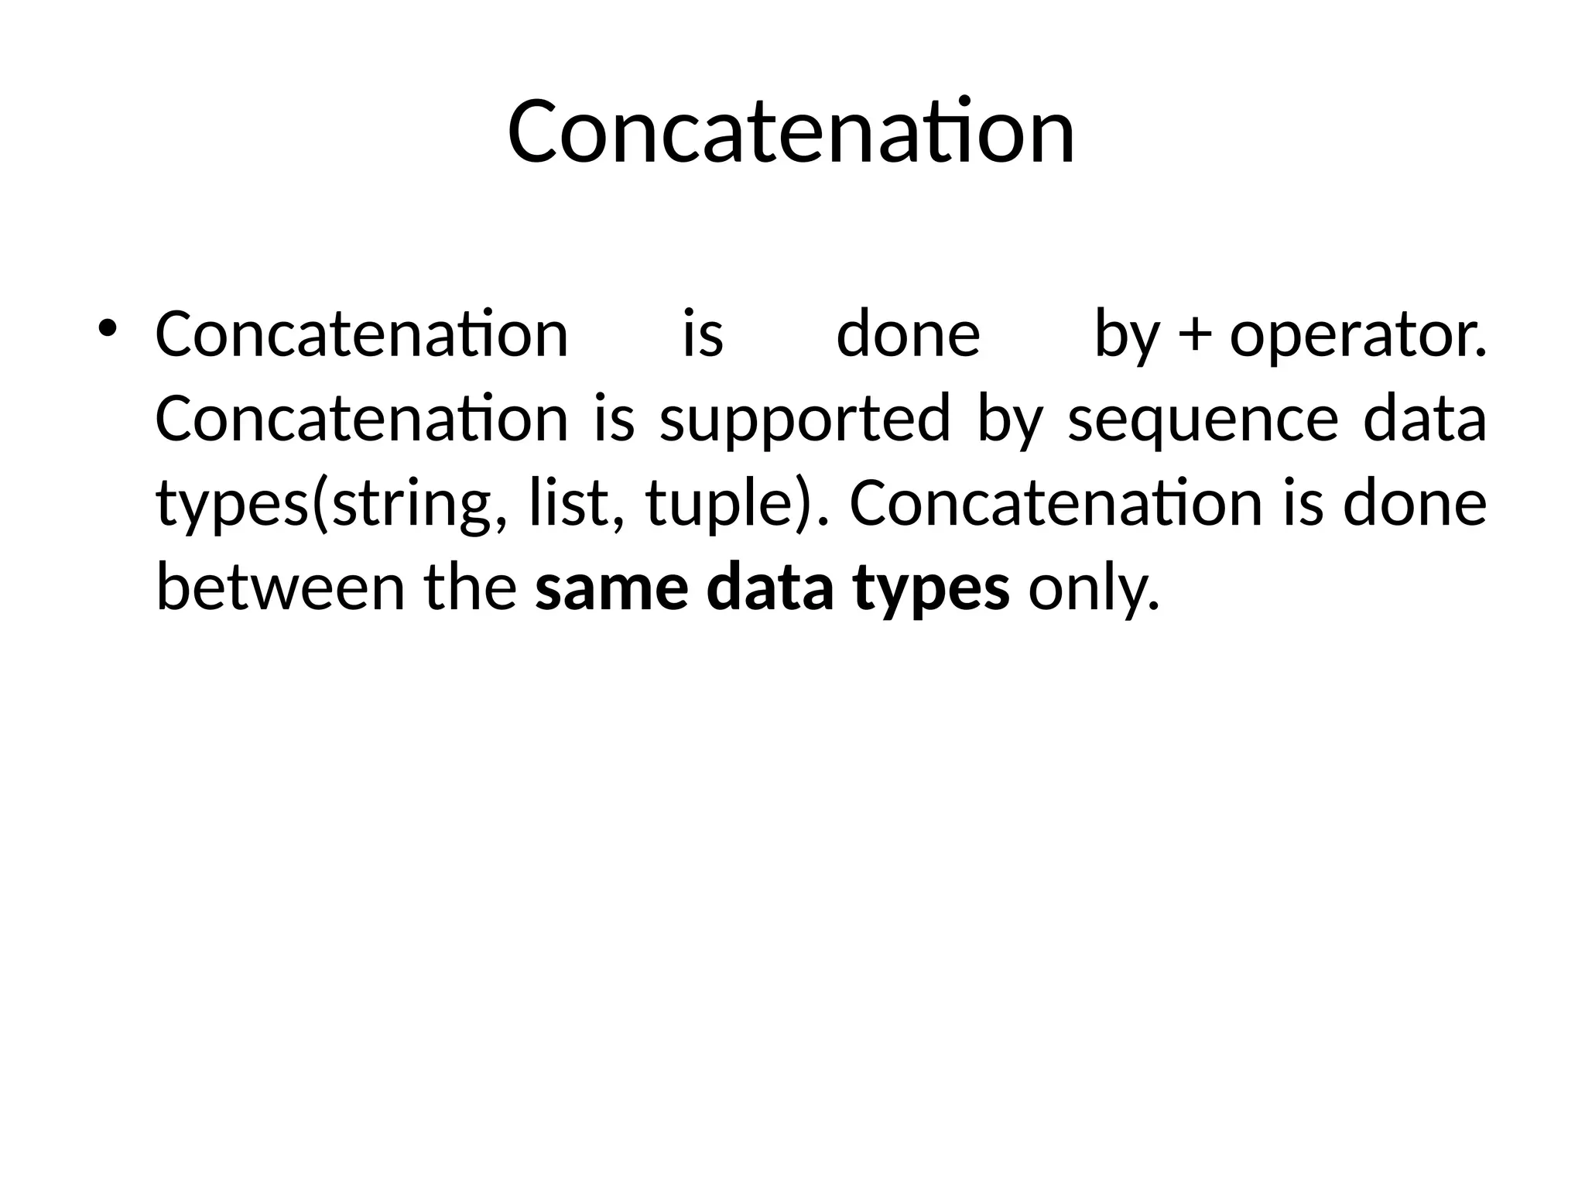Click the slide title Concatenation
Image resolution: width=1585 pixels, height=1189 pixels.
(x=791, y=132)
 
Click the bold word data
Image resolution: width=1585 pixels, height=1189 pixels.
(x=771, y=587)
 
